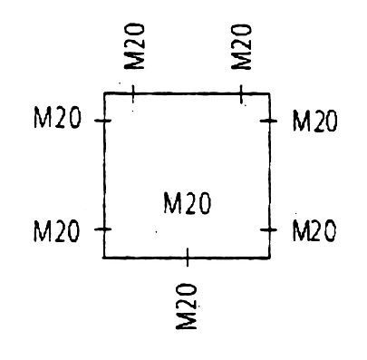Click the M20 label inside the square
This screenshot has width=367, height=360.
point(188,205)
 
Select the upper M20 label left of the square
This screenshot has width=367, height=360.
point(56,120)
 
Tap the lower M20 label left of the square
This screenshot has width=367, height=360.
point(56,231)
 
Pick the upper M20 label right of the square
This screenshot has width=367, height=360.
point(314,120)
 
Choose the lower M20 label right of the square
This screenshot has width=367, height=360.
point(314,231)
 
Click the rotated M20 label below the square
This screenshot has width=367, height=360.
point(187,306)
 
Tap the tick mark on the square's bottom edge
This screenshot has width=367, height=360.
point(187,258)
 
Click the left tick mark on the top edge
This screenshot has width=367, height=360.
point(133,92)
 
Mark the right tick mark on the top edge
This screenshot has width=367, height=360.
point(241,92)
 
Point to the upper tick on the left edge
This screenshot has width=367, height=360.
point(104,120)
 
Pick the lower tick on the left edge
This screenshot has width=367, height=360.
point(104,230)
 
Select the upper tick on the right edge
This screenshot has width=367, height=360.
point(269,120)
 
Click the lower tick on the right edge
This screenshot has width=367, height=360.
point(269,230)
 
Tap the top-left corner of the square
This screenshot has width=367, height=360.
point(104,93)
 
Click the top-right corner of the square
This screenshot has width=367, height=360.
point(269,92)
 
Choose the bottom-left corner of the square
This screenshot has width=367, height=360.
point(104,258)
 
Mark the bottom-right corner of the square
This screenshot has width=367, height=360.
point(269,258)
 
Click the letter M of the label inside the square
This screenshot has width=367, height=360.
point(171,205)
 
